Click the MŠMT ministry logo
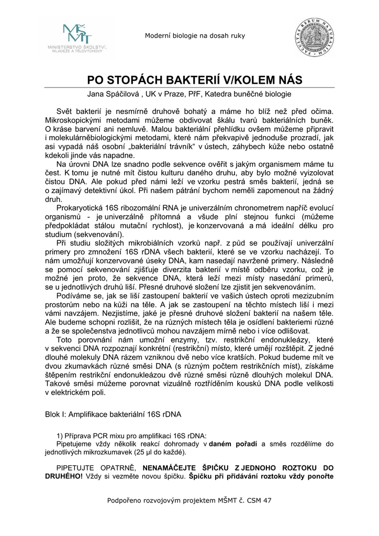point(76,38)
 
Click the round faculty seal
point(316,38)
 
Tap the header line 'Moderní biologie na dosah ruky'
point(195,36)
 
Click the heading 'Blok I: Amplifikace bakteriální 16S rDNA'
point(113,414)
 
